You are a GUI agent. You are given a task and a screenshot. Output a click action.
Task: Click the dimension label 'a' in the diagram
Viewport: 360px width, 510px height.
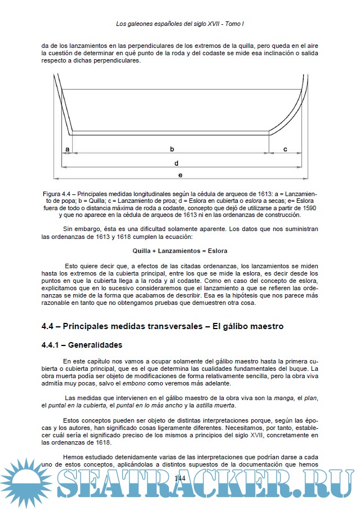pos(67,149)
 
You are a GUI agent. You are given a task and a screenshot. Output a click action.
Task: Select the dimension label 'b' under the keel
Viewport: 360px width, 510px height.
pos(172,149)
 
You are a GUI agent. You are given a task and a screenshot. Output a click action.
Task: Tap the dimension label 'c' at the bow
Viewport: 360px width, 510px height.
pos(285,149)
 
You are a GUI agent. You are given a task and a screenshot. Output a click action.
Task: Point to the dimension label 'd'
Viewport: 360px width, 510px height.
pos(176,163)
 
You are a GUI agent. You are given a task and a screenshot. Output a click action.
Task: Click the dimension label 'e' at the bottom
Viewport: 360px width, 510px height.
pos(180,175)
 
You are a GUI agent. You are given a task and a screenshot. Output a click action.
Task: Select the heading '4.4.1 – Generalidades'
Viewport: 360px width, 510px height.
pos(82,345)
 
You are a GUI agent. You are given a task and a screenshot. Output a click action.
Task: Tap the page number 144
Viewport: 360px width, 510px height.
pos(180,478)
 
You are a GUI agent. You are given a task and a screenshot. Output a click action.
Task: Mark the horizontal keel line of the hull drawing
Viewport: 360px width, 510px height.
pos(169,134)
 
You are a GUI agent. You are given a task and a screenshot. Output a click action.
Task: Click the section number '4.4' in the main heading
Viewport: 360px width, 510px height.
pos(49,326)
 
